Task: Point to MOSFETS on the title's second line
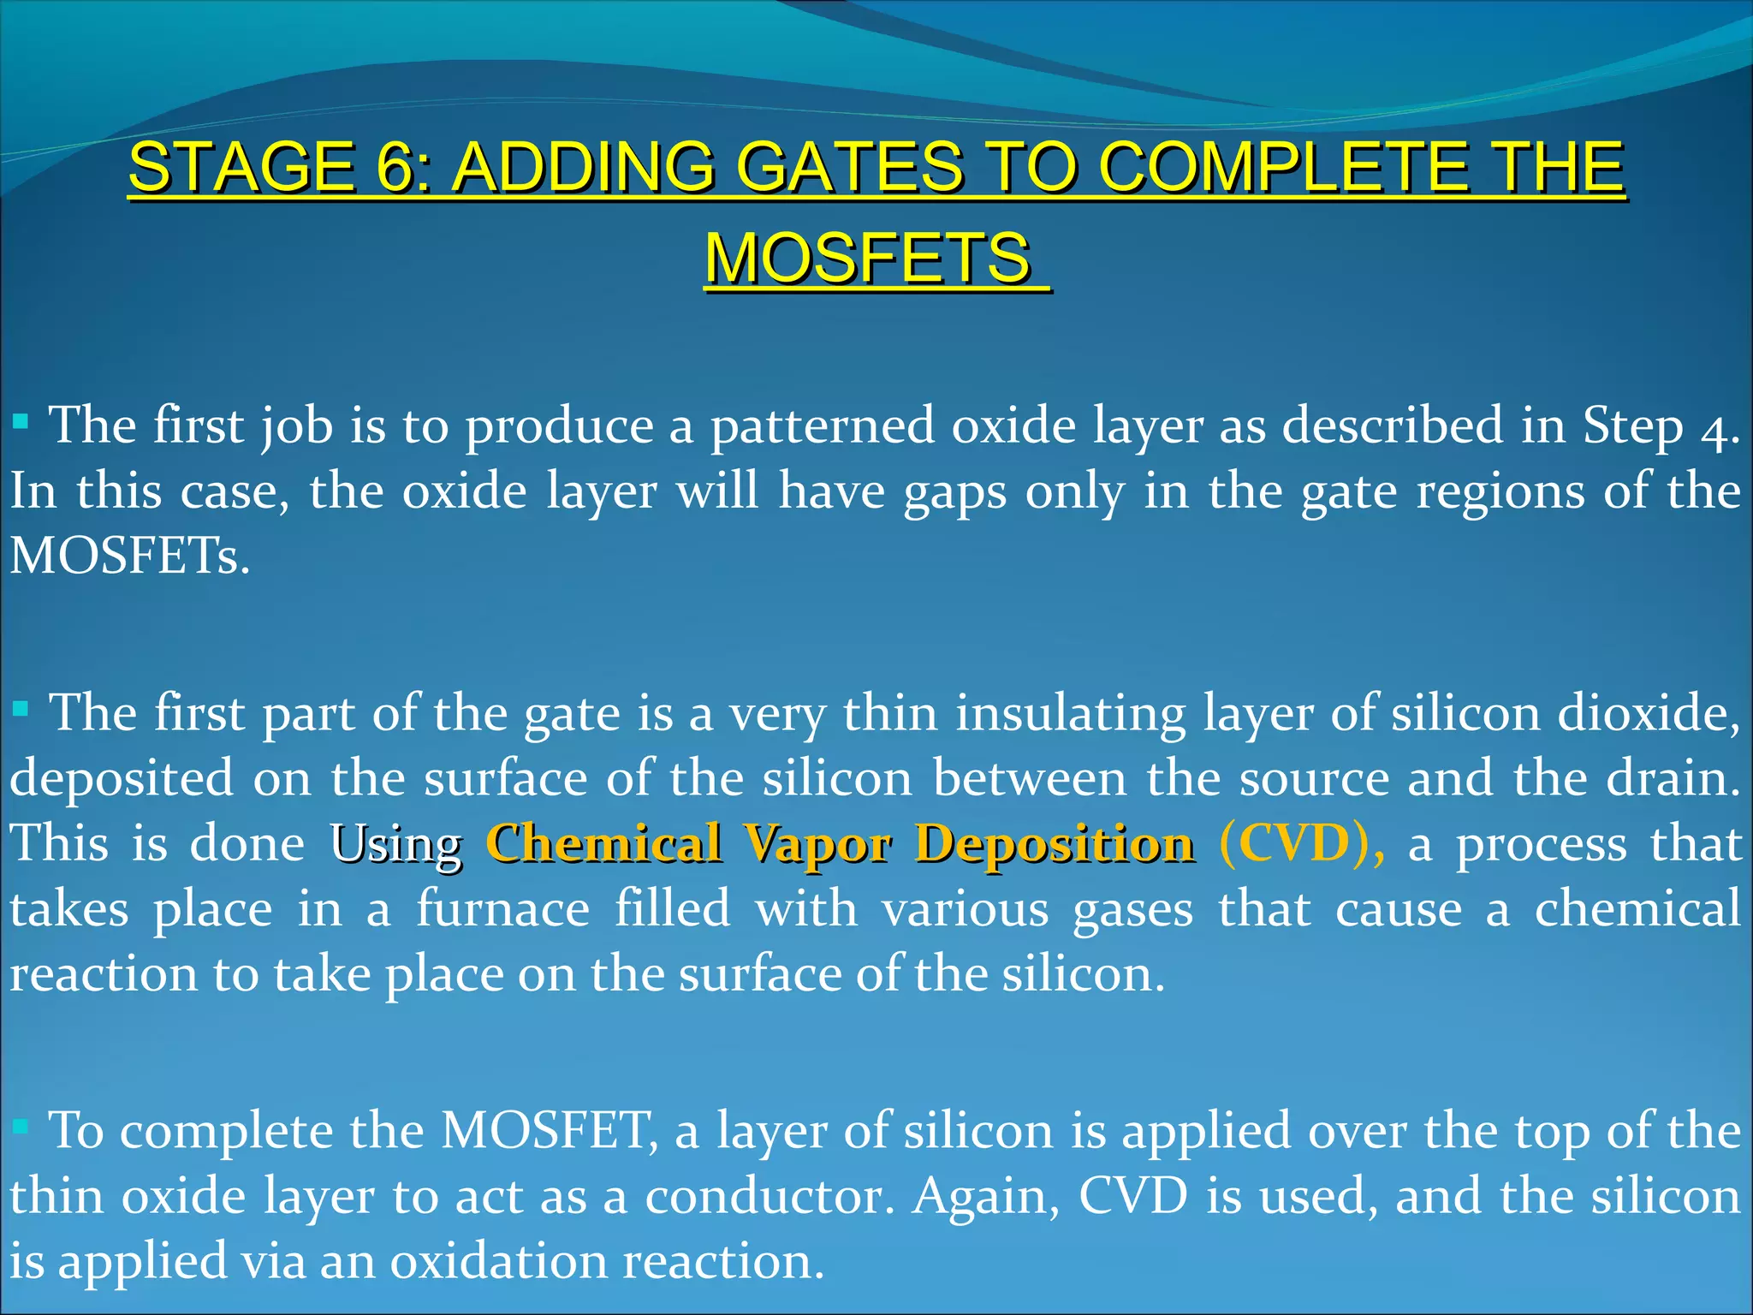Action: [x=868, y=259]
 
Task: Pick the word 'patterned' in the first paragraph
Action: [x=823, y=426]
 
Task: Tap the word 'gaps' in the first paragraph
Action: [x=955, y=493]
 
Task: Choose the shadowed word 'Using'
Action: [x=396, y=846]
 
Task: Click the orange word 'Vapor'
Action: [x=817, y=846]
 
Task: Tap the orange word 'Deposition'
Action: [x=1055, y=846]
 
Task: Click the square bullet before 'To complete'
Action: [x=21, y=1127]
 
